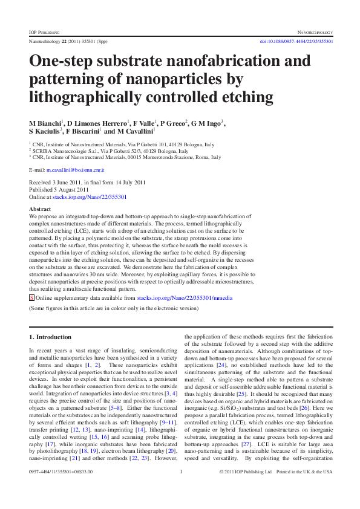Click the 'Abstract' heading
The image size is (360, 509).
click(40, 209)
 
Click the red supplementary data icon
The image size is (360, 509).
click(32, 299)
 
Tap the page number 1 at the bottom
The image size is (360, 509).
click(182, 490)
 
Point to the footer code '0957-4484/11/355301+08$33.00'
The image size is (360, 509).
click(58, 490)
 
